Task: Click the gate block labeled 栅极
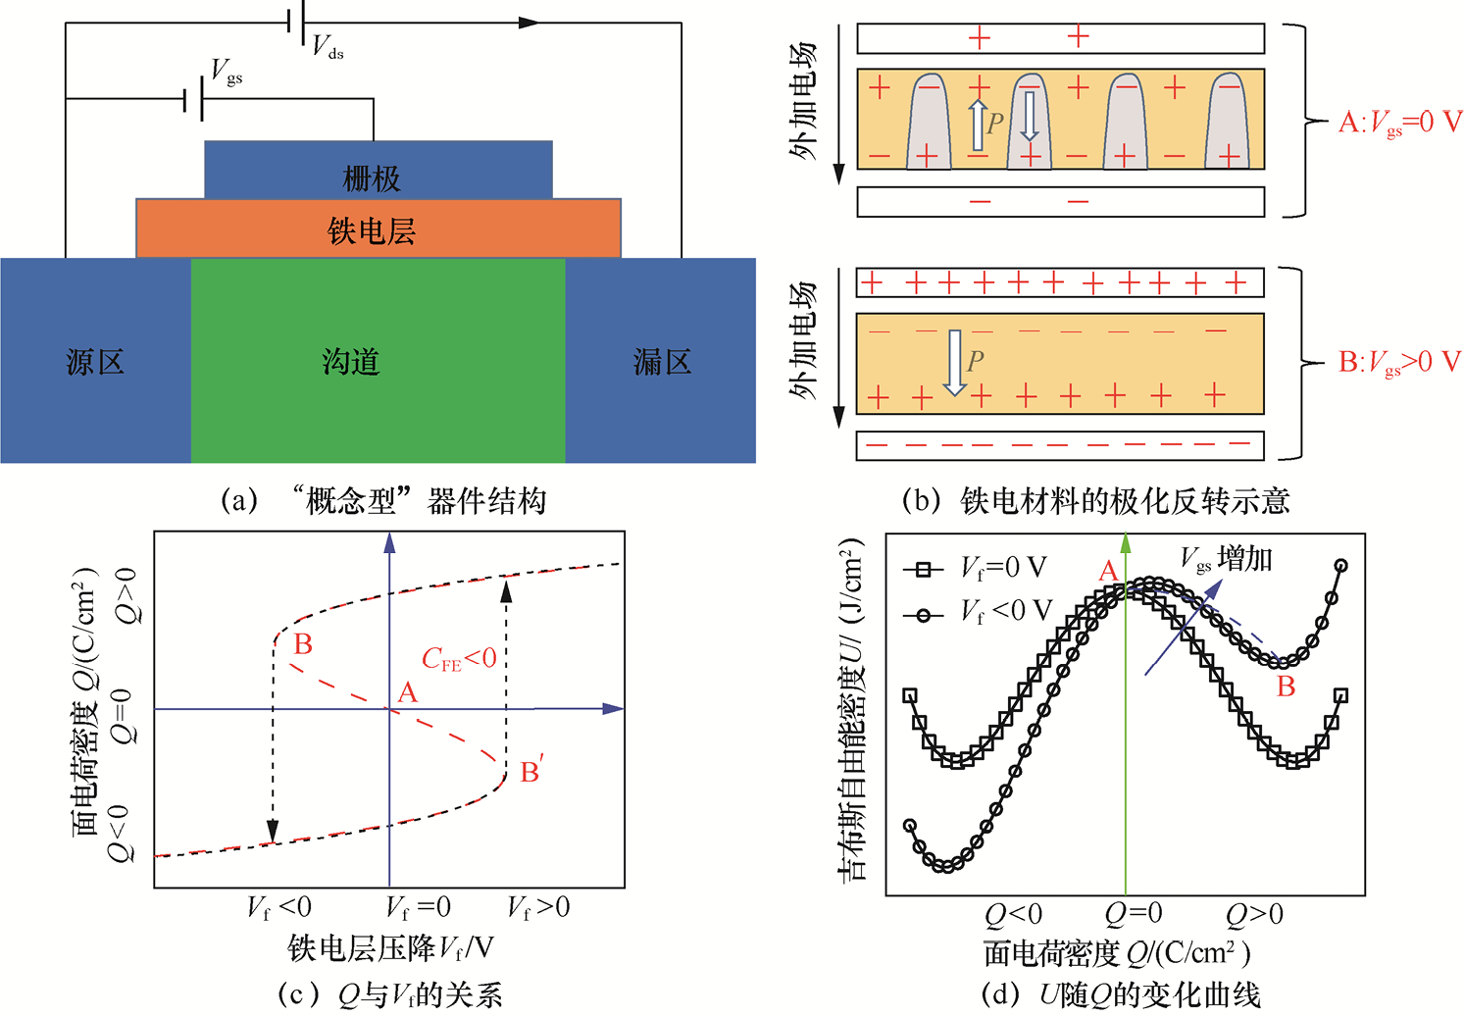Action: (x=379, y=170)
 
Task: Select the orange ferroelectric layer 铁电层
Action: (x=379, y=229)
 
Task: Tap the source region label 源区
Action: (x=95, y=362)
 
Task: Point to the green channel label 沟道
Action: (x=351, y=362)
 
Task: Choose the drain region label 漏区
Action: (x=662, y=362)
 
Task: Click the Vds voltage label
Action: (x=328, y=47)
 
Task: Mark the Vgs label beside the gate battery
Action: (x=227, y=72)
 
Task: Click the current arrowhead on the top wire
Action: (x=530, y=23)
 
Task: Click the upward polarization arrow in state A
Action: (x=978, y=125)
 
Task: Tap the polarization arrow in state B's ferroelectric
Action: (x=955, y=364)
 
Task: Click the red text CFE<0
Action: (x=459, y=658)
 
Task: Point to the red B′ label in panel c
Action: (x=531, y=769)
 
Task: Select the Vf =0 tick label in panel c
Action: (x=419, y=907)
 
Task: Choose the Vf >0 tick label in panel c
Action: (x=538, y=907)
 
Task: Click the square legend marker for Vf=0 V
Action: (x=923, y=570)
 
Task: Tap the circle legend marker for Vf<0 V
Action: (x=923, y=615)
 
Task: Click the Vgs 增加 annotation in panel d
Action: (x=1226, y=560)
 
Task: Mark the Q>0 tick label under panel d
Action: (x=1254, y=915)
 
